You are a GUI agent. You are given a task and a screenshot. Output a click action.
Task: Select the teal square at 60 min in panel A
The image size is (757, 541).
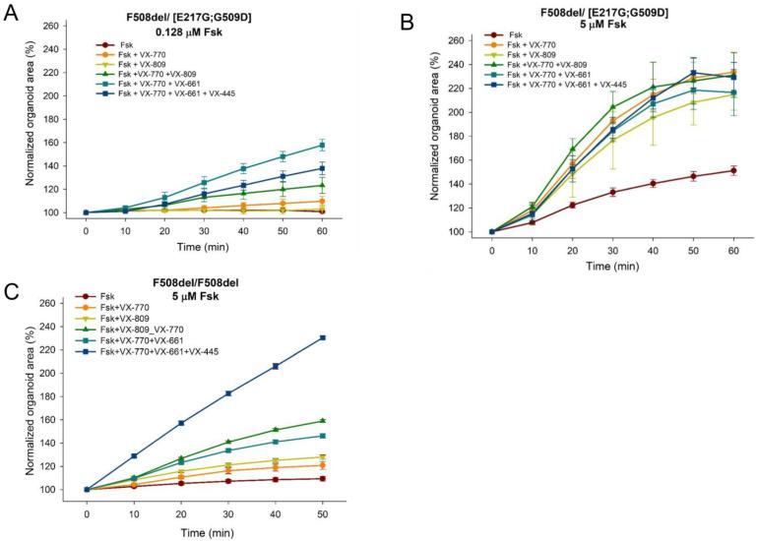(323, 144)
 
